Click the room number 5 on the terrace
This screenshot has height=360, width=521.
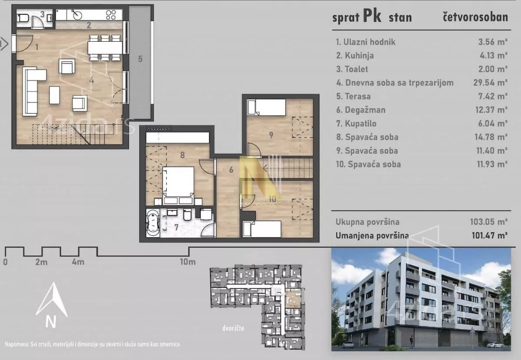[x=140, y=59]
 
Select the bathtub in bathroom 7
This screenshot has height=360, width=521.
[x=153, y=223]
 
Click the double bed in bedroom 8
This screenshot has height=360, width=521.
[x=178, y=182]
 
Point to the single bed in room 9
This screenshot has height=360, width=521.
[x=266, y=107]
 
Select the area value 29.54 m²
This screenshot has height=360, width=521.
[x=490, y=83]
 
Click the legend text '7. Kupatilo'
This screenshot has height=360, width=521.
[x=357, y=123]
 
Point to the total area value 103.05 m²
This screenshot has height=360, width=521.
[x=488, y=221]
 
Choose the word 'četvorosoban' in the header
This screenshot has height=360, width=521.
[x=475, y=18]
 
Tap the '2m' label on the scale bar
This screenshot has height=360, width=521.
[x=41, y=262]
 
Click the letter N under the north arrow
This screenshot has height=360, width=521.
[x=51, y=322]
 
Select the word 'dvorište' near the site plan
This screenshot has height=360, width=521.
[x=232, y=328]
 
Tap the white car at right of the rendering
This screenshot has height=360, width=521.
[x=495, y=345]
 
